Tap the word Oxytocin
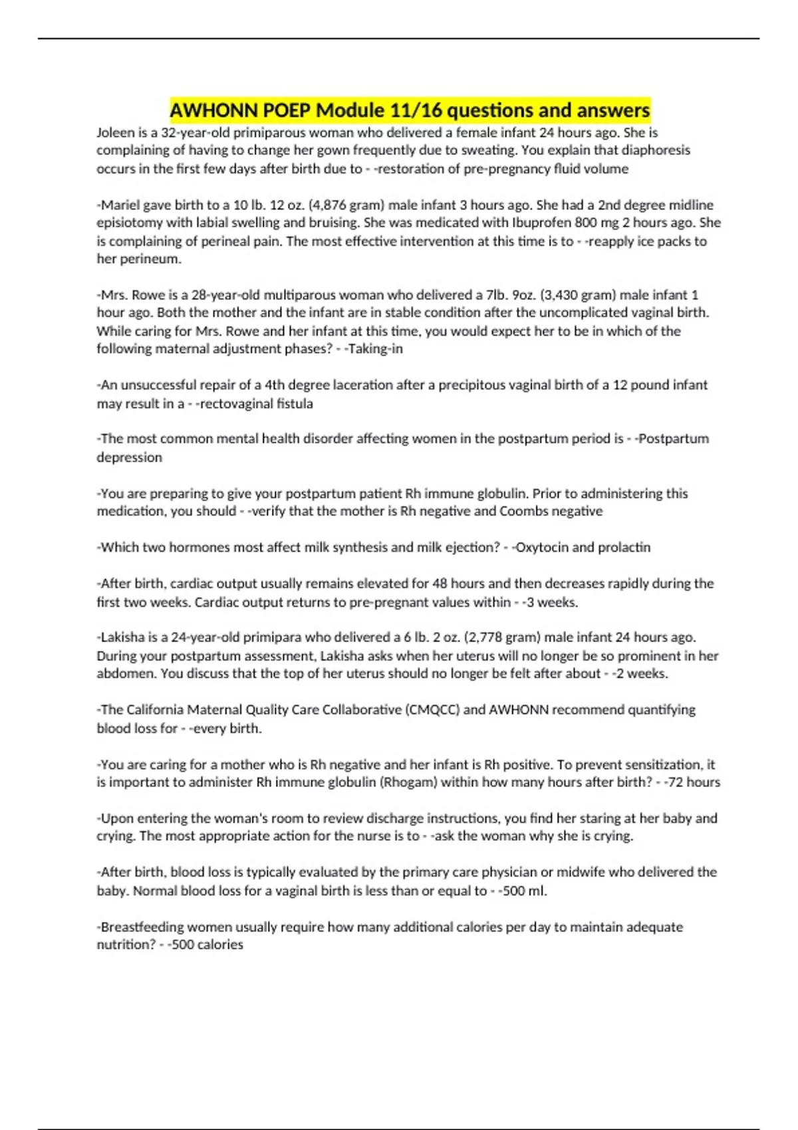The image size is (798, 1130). point(541,547)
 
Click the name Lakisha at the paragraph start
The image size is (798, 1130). point(122,637)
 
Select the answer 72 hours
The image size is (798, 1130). point(695,782)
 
